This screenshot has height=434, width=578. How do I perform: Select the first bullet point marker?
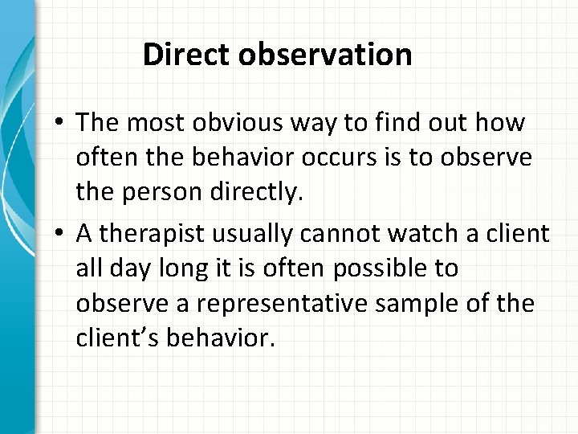[x=60, y=125]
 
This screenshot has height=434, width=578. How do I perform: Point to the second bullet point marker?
[x=60, y=235]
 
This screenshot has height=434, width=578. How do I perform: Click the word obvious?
[x=236, y=125]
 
